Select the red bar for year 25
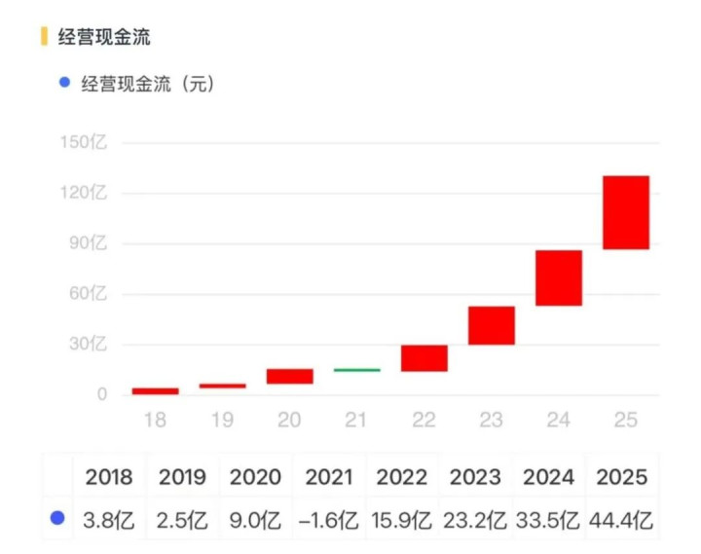[x=626, y=212]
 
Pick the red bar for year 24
[x=559, y=277]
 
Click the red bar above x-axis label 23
[x=492, y=325]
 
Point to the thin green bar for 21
[x=356, y=370]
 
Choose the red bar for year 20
[x=289, y=376]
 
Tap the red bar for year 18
[x=156, y=390]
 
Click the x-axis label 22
[x=424, y=420]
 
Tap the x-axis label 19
[x=223, y=420]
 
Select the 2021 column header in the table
[x=329, y=477]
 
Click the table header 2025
[x=620, y=477]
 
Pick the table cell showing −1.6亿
[x=329, y=520]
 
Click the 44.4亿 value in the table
[x=620, y=520]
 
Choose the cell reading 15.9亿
[x=402, y=520]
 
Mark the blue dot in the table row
[x=57, y=520]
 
